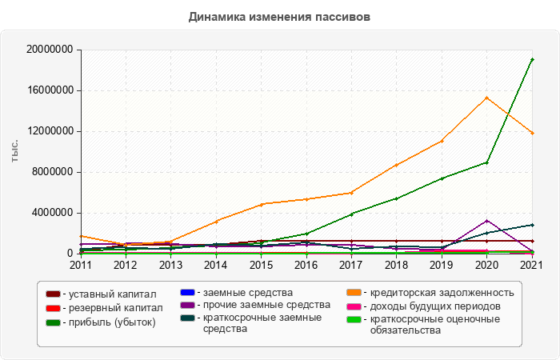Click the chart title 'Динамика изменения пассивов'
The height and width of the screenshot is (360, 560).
pyautogui.click(x=280, y=16)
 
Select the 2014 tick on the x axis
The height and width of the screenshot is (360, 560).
pyautogui.click(x=216, y=265)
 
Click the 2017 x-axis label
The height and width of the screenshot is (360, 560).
pyautogui.click(x=351, y=265)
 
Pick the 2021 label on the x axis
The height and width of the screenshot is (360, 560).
pyautogui.click(x=532, y=265)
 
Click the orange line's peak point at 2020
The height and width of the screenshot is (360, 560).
pyautogui.click(x=487, y=98)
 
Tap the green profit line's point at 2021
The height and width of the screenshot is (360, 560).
pyautogui.click(x=532, y=59)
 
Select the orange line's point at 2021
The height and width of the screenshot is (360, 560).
pyautogui.click(x=532, y=133)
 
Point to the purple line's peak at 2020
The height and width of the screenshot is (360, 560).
pyautogui.click(x=487, y=220)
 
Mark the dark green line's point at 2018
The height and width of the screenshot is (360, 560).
pyautogui.click(x=397, y=198)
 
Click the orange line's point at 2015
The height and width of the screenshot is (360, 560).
pyautogui.click(x=261, y=204)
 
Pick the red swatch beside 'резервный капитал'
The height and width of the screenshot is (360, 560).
pyautogui.click(x=54, y=308)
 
